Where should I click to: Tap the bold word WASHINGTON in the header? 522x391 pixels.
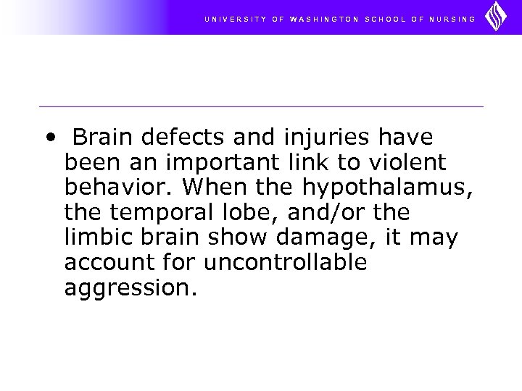tap(323, 19)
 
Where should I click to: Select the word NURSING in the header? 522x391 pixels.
tap(449, 19)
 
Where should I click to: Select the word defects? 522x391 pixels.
tap(175, 136)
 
